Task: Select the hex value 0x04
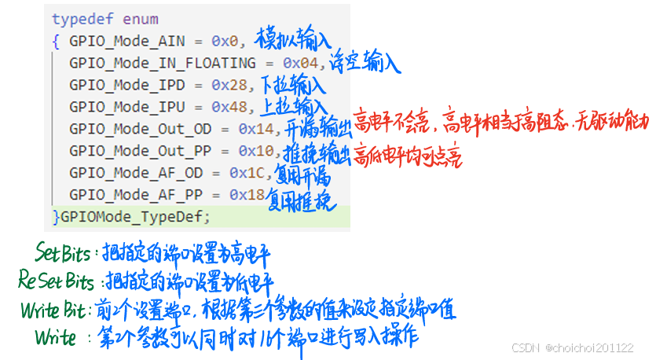(x=300, y=63)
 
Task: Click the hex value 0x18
(x=247, y=193)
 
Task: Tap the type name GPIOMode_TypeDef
(x=135, y=215)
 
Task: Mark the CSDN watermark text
(x=572, y=347)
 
